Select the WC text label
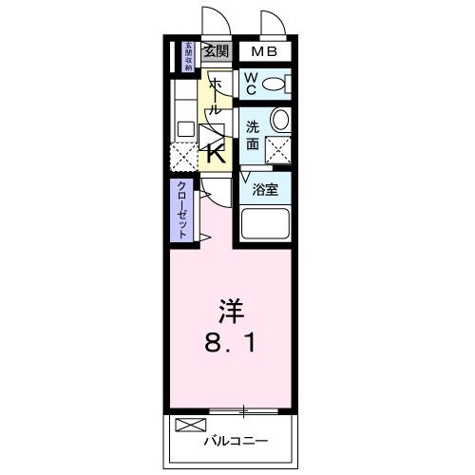[250, 84]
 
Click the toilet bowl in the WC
[275, 84]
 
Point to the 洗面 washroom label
[253, 136]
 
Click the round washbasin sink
[279, 119]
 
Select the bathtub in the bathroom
[266, 224]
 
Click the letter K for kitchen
[217, 152]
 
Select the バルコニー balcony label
[235, 441]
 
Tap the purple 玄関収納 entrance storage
[189, 57]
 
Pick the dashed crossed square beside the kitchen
[183, 154]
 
